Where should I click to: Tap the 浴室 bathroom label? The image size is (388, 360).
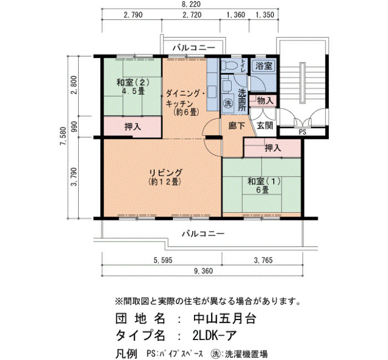pyautogui.click(x=263, y=66)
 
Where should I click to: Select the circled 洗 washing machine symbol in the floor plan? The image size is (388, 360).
pyautogui.click(x=228, y=104)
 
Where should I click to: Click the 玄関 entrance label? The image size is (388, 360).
pyautogui.click(x=265, y=126)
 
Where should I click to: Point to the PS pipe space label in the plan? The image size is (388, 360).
pyautogui.click(x=303, y=132)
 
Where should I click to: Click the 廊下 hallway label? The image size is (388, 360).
pyautogui.click(x=237, y=126)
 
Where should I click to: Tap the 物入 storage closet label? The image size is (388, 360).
pyautogui.click(x=265, y=101)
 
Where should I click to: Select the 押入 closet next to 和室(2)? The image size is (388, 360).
pyautogui.click(x=132, y=127)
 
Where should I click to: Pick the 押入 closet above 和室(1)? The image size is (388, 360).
pyautogui.click(x=273, y=148)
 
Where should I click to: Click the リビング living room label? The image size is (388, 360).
pyautogui.click(x=166, y=172)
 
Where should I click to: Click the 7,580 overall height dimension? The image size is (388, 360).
pyautogui.click(x=63, y=136)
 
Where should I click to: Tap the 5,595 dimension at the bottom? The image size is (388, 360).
pyautogui.click(x=163, y=260)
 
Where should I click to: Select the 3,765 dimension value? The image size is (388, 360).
pyautogui.click(x=263, y=260)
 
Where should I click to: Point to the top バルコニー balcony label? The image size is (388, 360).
pyautogui.click(x=194, y=48)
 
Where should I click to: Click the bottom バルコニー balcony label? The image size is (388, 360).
pyautogui.click(x=203, y=233)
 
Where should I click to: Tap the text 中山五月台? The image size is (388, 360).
pyautogui.click(x=224, y=318)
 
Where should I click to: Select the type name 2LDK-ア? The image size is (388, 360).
pyautogui.click(x=215, y=336)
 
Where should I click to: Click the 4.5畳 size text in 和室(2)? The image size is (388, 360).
pyautogui.click(x=133, y=91)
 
